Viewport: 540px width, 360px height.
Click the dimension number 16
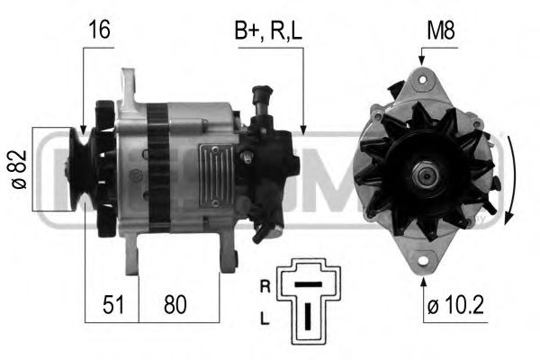click(x=99, y=30)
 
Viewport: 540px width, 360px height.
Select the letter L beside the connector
click(x=265, y=319)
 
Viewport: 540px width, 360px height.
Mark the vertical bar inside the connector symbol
click(x=309, y=316)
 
